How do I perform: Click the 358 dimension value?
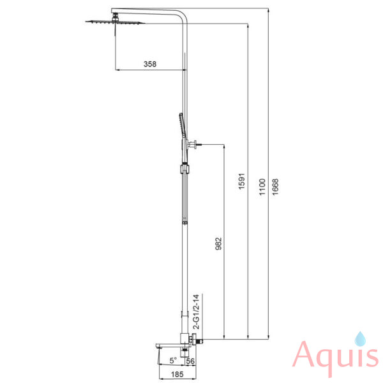150,64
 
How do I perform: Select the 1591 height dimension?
241,181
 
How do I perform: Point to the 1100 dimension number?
262,187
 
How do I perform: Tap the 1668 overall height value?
275,187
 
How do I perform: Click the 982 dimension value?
218,244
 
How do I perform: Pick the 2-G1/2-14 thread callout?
196,312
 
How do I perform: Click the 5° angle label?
173,360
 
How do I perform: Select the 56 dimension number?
190,361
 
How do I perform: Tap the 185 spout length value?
177,374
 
